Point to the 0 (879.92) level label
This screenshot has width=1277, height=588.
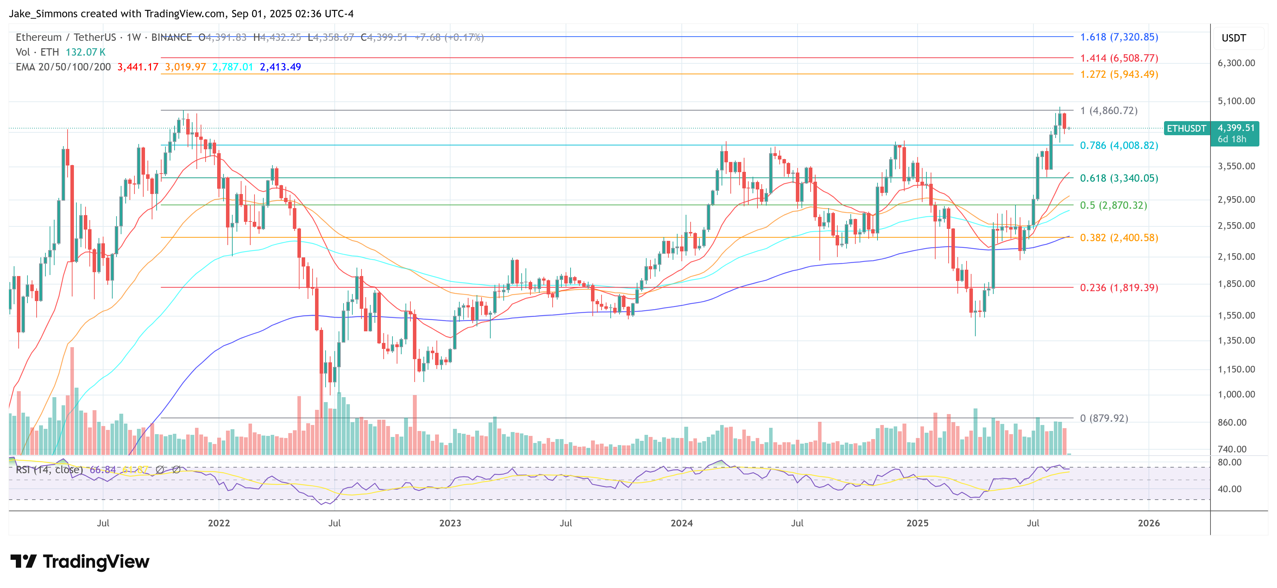(x=1103, y=418)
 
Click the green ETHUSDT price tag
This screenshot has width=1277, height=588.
(x=1186, y=129)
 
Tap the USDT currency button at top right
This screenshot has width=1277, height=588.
(x=1233, y=38)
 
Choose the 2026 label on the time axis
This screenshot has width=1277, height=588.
(x=1148, y=523)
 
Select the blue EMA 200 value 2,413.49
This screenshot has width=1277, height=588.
(x=280, y=67)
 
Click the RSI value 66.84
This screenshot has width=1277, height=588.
(x=103, y=469)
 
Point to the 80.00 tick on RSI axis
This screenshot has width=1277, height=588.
(x=1229, y=462)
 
